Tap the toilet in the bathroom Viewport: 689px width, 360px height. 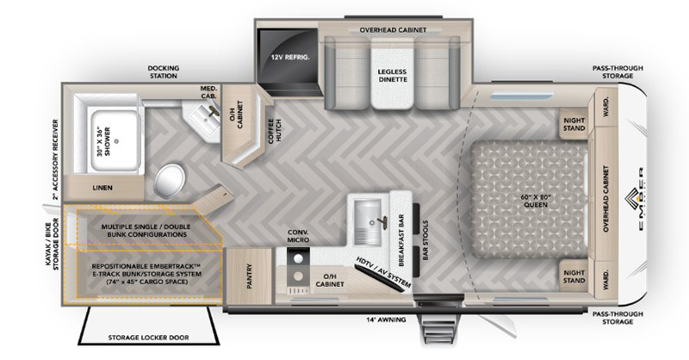coord(171,180)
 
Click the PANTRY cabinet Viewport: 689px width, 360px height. coord(251,276)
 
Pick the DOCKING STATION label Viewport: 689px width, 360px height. coord(163,71)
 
